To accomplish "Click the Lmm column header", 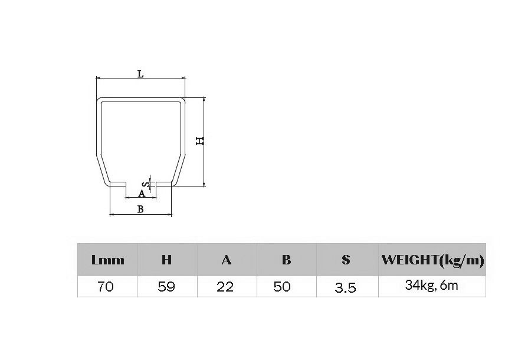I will [x=108, y=260].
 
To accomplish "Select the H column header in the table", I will [x=167, y=260].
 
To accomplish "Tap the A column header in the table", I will [x=226, y=260].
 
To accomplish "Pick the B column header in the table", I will [x=287, y=260].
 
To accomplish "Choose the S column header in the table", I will [x=346, y=260].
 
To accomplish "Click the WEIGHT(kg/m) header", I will [x=432, y=260].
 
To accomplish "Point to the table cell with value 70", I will [x=106, y=287].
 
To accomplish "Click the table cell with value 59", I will [x=166, y=287].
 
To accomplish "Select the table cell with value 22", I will [x=225, y=287].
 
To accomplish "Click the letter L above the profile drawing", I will [x=140, y=74].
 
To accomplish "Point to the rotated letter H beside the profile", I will [x=199, y=141].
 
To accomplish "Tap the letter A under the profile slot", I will [x=142, y=194].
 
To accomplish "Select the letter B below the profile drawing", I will [x=140, y=208].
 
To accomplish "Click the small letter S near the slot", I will [x=143, y=185].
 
